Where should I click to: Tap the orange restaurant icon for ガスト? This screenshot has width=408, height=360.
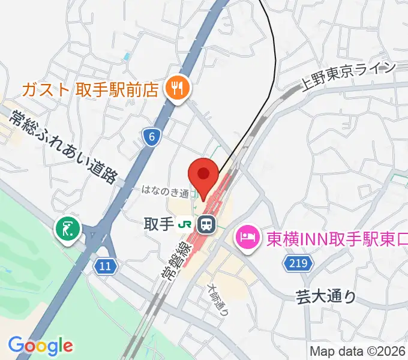tap(178, 89)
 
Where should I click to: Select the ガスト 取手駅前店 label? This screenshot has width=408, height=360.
tap(90, 89)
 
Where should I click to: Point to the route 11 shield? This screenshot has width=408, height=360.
tap(105, 265)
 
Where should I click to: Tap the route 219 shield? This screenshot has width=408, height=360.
tap(296, 262)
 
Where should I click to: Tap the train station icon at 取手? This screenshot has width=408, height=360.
tap(206, 225)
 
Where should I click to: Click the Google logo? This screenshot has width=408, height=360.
tap(40, 346)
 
